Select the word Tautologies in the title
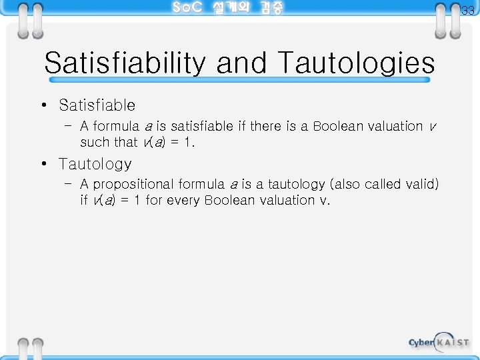[x=355, y=64]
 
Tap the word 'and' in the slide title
[x=242, y=64]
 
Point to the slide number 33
[x=468, y=10]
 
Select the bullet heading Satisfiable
[x=97, y=105]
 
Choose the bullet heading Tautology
[x=95, y=163]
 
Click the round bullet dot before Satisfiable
[x=43, y=105]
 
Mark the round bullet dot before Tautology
[x=43, y=163]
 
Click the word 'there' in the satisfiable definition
[x=265, y=126]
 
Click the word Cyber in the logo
[x=421, y=343]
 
